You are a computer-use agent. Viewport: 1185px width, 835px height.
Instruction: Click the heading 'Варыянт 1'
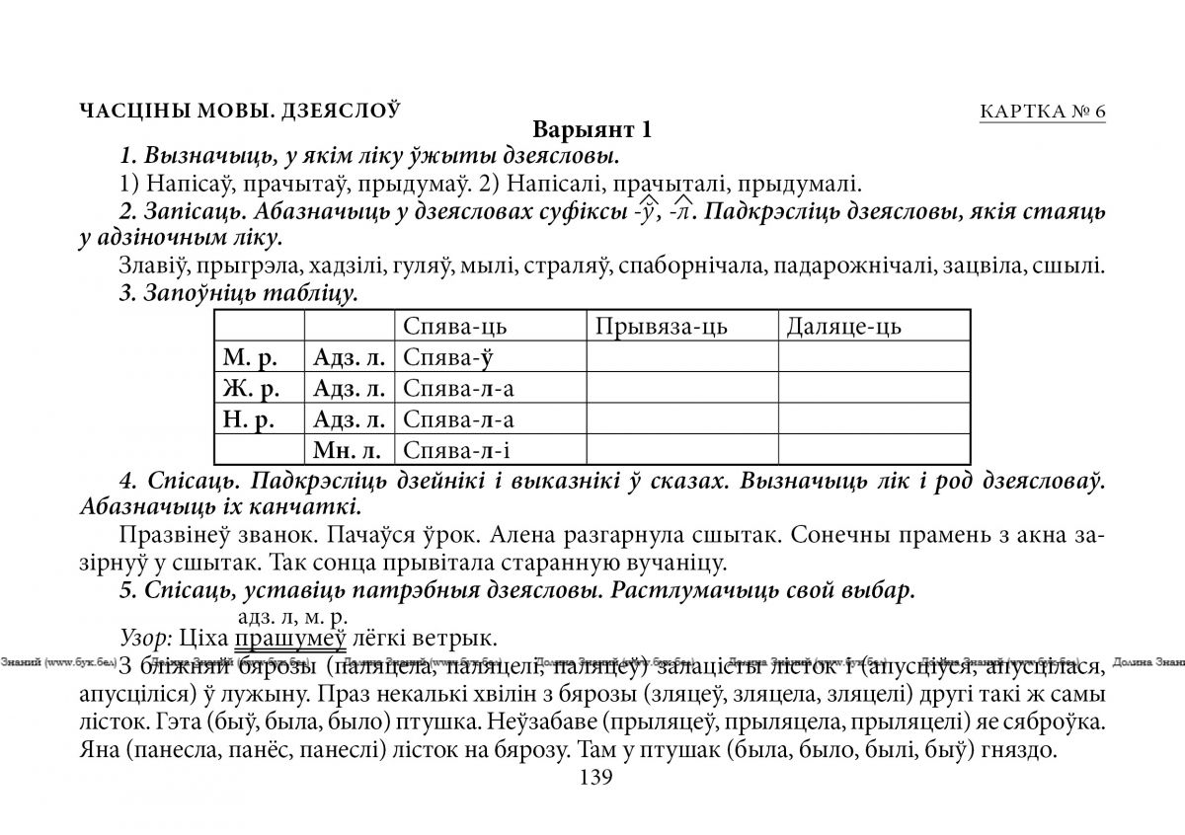592,130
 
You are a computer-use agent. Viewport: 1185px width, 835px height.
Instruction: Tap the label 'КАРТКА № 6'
1042,111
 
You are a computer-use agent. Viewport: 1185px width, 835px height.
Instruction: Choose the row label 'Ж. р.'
247,388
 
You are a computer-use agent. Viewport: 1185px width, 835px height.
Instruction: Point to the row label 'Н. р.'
247,419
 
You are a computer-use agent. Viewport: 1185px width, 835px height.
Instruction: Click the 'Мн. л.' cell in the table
349,450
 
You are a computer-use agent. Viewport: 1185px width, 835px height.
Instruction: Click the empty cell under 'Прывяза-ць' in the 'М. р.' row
681,357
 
